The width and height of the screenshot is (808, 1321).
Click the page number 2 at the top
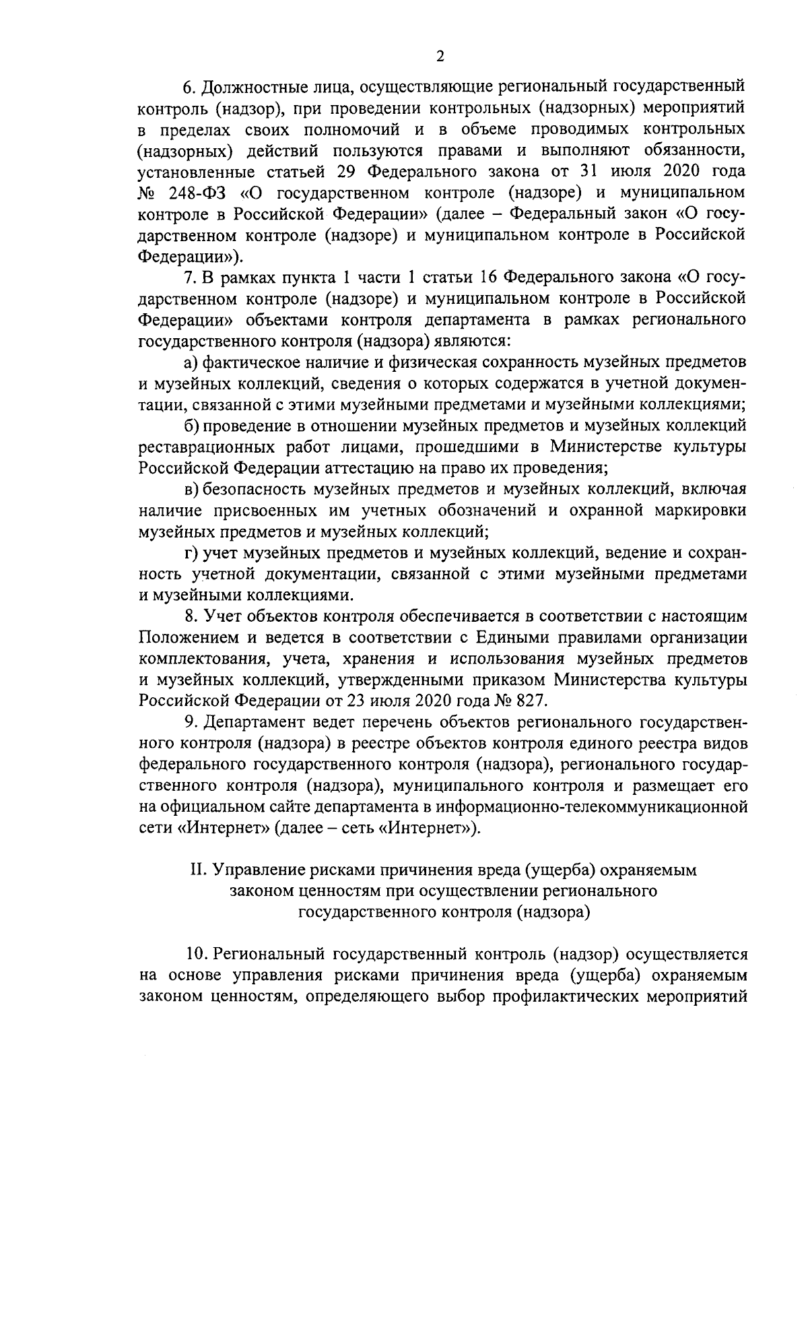click(440, 57)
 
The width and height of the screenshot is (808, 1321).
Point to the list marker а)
click(191, 362)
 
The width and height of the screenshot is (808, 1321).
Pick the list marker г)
click(192, 553)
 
